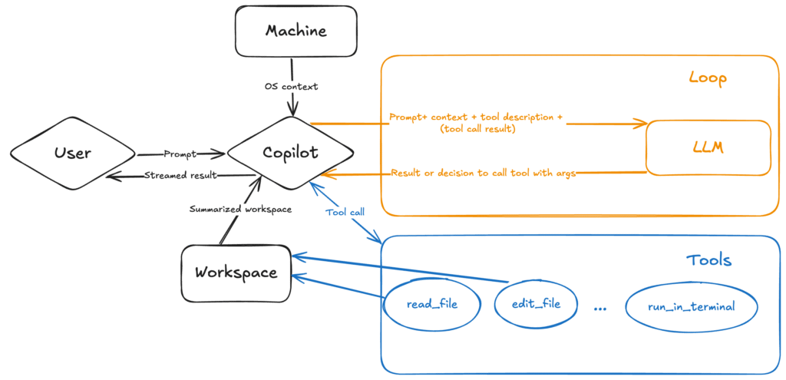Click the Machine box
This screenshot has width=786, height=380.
tap(296, 31)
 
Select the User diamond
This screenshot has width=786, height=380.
tap(73, 153)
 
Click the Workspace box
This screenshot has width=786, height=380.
tap(236, 273)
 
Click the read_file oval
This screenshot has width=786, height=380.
tap(431, 304)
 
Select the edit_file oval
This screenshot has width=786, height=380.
tap(536, 303)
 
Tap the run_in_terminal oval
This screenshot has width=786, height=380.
tap(691, 306)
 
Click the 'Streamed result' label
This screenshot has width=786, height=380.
tap(180, 176)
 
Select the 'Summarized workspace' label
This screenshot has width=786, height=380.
tap(240, 210)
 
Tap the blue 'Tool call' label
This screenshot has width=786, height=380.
tap(345, 213)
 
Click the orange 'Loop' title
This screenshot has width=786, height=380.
tap(707, 78)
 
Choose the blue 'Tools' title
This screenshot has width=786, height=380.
tap(708, 260)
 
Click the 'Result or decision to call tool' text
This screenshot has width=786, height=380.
tap(483, 173)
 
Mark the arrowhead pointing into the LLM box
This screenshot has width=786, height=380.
tap(641, 124)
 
